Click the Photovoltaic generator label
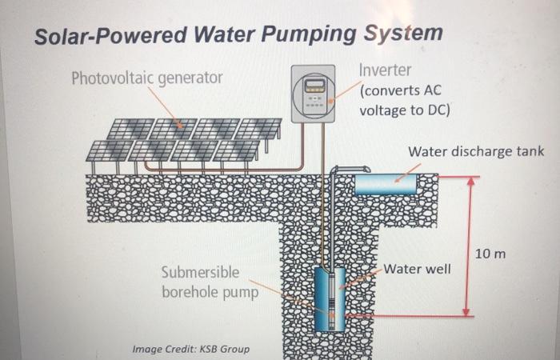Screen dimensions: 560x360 point(147,78)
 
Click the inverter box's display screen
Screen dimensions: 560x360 point(314,85)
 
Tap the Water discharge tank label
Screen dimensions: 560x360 point(476,151)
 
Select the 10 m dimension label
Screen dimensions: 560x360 point(490,254)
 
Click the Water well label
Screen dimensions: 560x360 point(418,268)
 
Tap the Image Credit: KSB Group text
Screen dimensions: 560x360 point(190,349)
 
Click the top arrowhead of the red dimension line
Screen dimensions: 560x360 point(471,182)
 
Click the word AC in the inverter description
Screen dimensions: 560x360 point(430,90)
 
